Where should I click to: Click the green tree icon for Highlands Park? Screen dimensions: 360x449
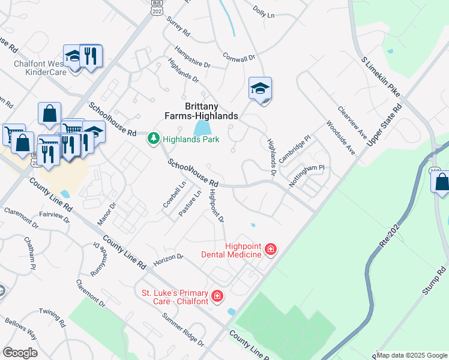pyautogui.click(x=154, y=139)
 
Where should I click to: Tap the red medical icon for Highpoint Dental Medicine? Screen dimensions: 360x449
pyautogui.click(x=270, y=248)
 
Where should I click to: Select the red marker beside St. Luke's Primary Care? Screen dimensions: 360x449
pyautogui.click(x=217, y=296)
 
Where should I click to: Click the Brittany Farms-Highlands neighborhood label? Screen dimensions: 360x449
pyautogui.click(x=202, y=110)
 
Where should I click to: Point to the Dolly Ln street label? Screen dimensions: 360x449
pyautogui.click(x=264, y=11)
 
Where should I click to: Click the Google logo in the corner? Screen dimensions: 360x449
pyautogui.click(x=20, y=353)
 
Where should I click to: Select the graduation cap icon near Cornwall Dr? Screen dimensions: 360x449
pyautogui.click(x=261, y=89)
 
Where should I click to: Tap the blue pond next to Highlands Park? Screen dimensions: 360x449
pyautogui.click(x=202, y=128)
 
